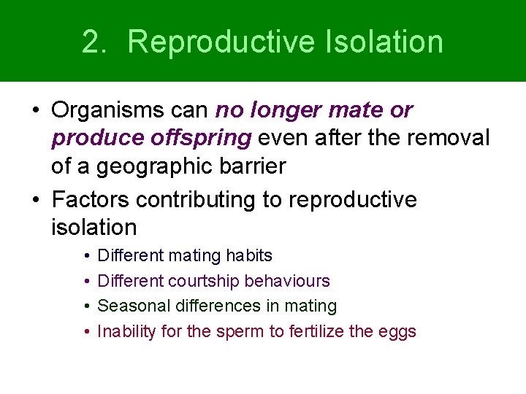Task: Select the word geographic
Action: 156,166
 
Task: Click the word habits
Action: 249,256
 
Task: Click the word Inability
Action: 126,331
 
